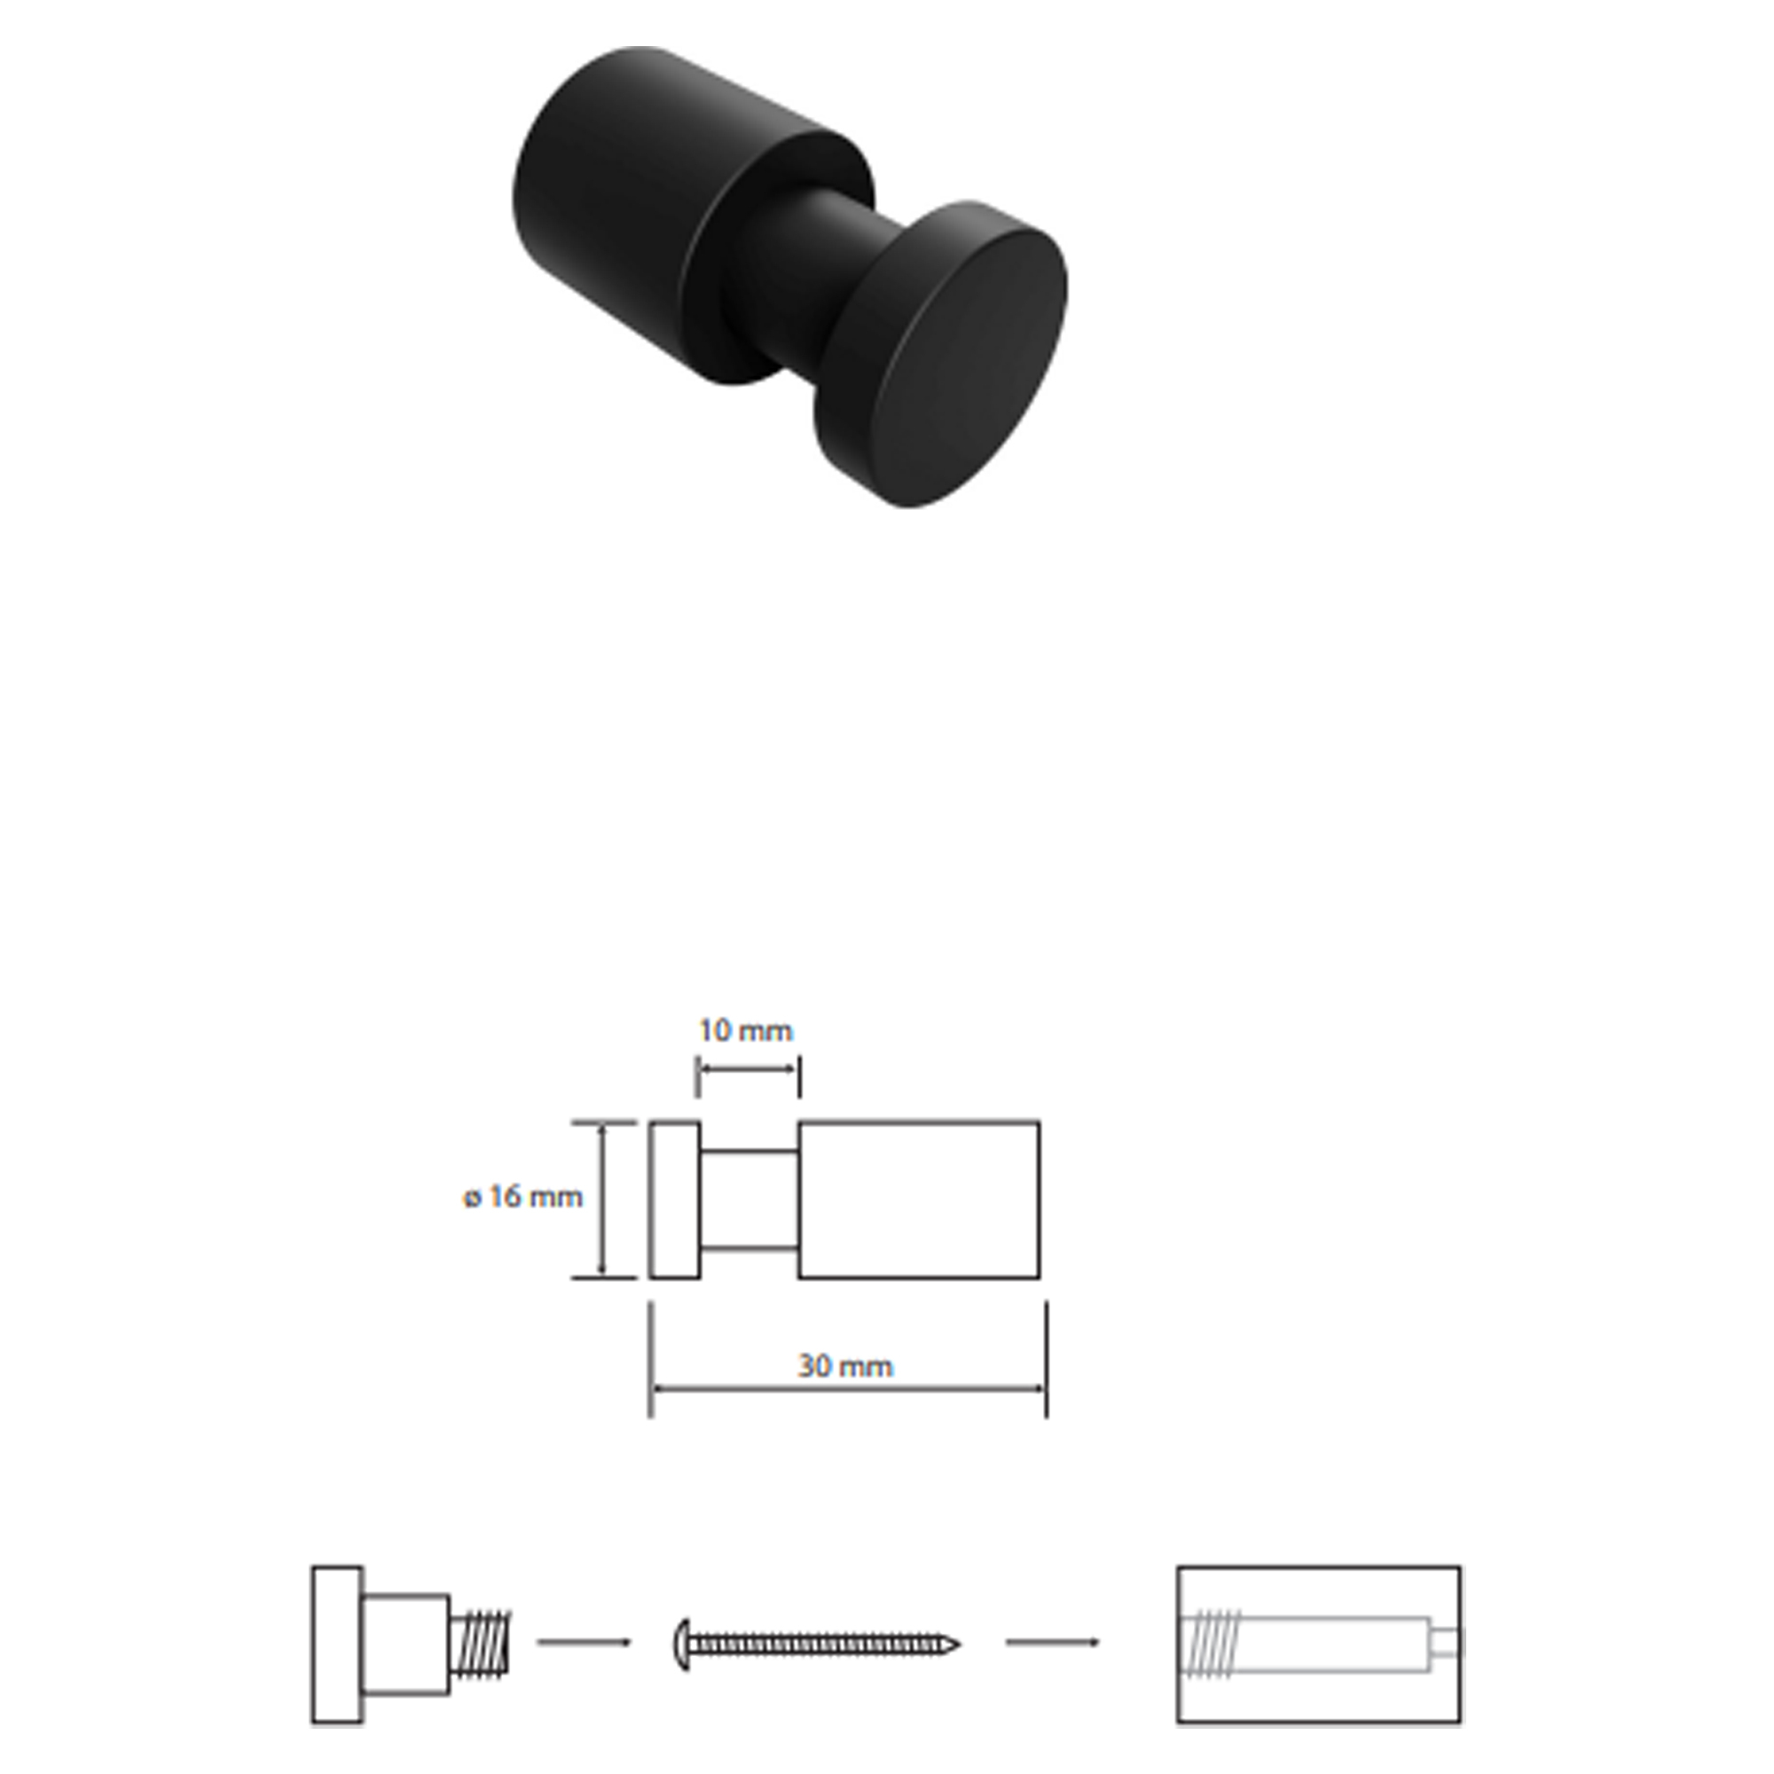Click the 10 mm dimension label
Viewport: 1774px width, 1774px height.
745,1030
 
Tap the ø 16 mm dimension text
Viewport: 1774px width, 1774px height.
522,1197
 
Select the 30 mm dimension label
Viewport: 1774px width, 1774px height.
844,1366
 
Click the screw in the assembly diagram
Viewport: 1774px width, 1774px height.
816,1644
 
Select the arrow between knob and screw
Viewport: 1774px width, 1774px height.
584,1642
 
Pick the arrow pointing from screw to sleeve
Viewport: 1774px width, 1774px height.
1052,1642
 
